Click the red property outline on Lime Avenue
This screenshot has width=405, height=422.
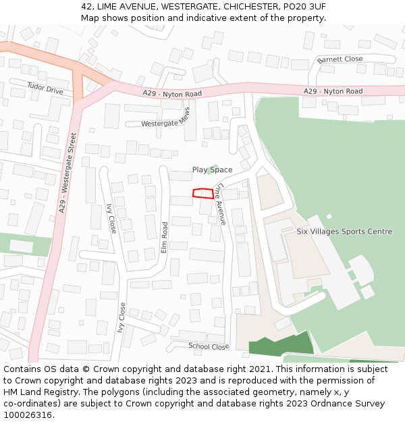tap(203, 194)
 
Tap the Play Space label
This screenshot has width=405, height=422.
tap(212, 170)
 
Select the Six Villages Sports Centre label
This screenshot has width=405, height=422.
tap(344, 232)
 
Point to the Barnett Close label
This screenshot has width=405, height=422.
tap(340, 59)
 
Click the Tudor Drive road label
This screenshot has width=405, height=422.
tap(45, 88)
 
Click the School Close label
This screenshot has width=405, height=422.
tap(209, 346)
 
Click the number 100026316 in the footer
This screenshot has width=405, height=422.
tap(27, 415)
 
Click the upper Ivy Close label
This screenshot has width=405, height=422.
tap(111, 219)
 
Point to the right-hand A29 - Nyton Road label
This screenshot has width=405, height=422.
tap(333, 91)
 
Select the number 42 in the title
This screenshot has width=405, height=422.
tap(87, 6)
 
